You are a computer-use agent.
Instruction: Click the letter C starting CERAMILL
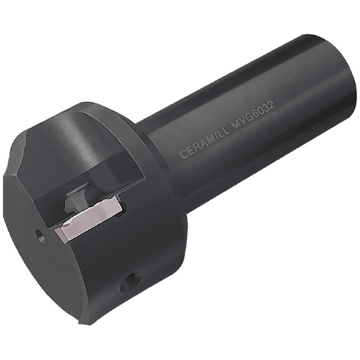(x=183, y=154)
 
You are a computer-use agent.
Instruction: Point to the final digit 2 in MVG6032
(x=271, y=106)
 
